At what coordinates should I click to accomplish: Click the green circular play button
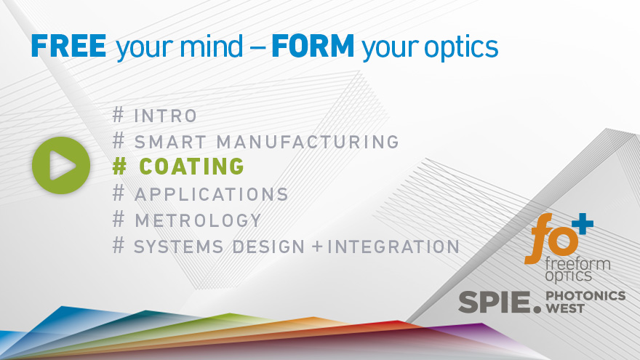61,166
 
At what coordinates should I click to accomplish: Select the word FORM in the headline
313,47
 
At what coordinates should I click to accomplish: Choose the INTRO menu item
166,115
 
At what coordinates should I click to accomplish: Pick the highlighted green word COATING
191,167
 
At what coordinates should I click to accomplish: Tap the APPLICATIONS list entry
212,194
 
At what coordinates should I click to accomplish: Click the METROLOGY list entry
198,220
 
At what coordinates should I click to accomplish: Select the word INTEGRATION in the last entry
393,246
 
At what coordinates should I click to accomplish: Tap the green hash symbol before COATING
120,167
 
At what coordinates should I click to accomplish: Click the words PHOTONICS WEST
585,301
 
